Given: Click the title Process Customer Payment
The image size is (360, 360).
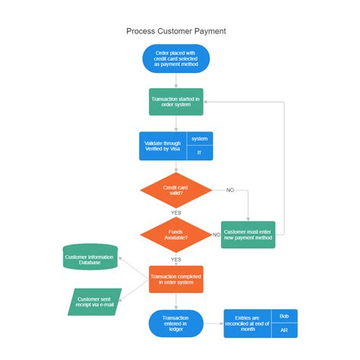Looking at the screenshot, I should tap(175, 31).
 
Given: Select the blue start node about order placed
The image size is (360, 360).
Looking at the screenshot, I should tap(175, 58).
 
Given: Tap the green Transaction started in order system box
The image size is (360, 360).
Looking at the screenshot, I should tap(175, 102).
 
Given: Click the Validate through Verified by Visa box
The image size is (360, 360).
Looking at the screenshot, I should tap(163, 146).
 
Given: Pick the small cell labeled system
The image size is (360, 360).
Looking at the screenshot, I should tap(200, 138).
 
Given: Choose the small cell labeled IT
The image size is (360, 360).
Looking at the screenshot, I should tap(200, 153).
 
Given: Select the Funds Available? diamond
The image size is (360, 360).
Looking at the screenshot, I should tap(175, 234).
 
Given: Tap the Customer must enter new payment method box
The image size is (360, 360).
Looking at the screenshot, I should tap(248, 235).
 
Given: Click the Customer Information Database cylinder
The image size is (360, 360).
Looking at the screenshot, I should tap(90, 257).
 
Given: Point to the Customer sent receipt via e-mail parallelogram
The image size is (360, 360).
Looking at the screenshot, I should tap(94, 302).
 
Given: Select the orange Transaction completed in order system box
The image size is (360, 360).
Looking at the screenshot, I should tap(175, 279).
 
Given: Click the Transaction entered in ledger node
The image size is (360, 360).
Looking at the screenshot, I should tap(175, 324).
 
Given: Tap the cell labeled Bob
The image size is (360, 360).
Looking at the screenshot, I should tap(283, 315).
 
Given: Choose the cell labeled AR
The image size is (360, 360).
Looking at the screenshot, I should tap(283, 330).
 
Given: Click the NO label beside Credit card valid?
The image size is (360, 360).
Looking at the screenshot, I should tap(230, 190).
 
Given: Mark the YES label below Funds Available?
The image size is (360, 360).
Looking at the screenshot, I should tap(175, 259).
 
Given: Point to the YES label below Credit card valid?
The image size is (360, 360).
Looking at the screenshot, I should tap(175, 213).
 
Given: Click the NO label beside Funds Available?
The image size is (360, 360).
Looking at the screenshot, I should tap(216, 235).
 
